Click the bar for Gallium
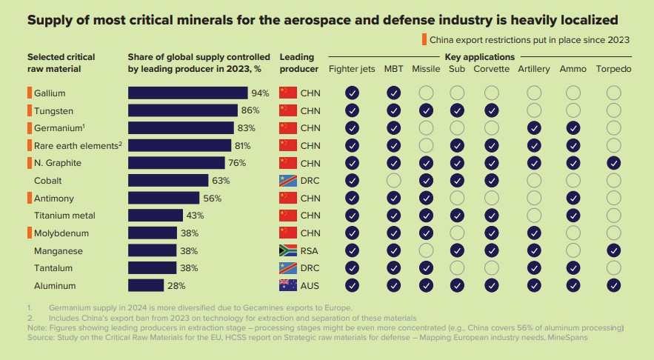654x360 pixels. [187, 93]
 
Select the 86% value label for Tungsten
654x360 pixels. [250, 110]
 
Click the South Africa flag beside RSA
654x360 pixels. [287, 251]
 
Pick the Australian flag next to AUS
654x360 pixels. [287, 285]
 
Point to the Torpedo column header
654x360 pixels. [613, 70]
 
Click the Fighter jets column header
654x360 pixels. [353, 70]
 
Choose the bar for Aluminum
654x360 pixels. [146, 285]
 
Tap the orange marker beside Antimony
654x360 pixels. [30, 197]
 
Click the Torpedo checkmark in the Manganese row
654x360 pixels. [613, 250]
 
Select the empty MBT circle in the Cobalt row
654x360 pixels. [393, 180]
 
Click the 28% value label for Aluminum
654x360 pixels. [176, 285]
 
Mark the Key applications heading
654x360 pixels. [479, 57]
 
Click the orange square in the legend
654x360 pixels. [424, 39]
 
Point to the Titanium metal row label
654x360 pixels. [64, 216]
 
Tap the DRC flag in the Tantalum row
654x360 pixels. [287, 267]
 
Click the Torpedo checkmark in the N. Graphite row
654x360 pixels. [613, 163]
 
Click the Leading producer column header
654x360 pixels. [297, 63]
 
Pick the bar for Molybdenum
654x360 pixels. [153, 233]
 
